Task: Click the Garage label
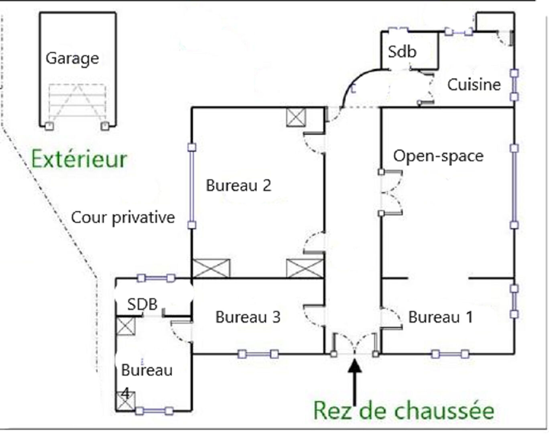(x=72, y=59)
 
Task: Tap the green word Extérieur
(x=79, y=159)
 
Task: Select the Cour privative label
(x=123, y=218)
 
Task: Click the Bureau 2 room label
(x=238, y=185)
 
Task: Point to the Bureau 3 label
(x=248, y=317)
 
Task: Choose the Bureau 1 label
(x=441, y=317)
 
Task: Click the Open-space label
(x=438, y=156)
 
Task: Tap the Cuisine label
(x=474, y=85)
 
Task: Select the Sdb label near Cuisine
(x=402, y=51)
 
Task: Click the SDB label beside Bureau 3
(x=142, y=304)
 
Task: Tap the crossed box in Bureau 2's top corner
(x=296, y=117)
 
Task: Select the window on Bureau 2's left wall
(x=192, y=186)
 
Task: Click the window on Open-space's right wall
(x=514, y=187)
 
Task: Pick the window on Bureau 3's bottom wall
(x=258, y=354)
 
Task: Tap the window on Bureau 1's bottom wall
(x=451, y=354)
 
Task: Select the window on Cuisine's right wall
(x=514, y=85)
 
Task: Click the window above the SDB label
(x=156, y=278)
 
